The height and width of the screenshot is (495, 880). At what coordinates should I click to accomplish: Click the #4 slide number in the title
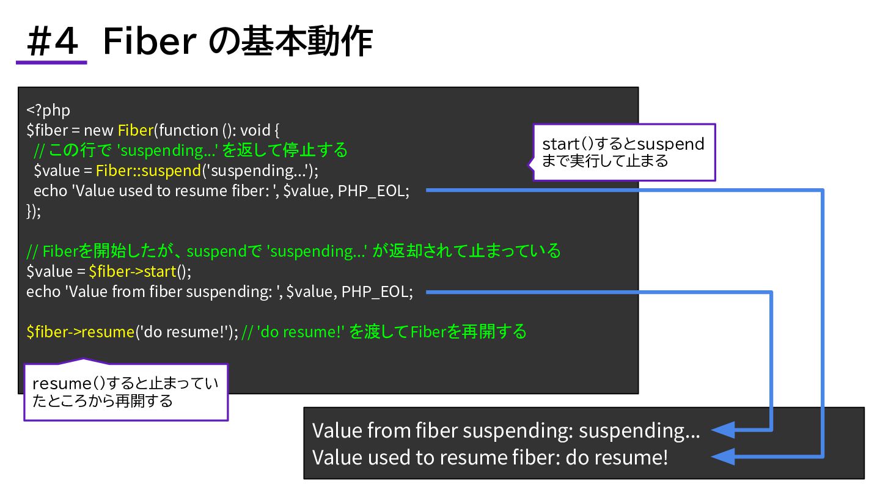(x=53, y=42)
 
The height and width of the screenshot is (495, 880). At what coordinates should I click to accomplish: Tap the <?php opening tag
(x=48, y=110)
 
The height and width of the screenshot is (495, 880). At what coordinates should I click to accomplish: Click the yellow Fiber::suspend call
(x=148, y=170)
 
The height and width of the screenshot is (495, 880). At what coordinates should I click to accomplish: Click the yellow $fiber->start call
(x=132, y=271)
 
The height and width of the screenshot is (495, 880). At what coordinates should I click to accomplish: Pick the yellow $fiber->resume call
(x=80, y=332)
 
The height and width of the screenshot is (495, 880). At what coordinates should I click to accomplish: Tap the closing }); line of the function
(x=34, y=211)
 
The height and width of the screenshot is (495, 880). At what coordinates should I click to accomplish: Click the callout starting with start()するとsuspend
(x=623, y=152)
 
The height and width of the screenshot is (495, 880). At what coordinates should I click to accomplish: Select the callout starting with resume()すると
(x=125, y=392)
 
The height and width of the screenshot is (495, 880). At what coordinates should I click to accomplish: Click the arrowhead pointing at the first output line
(x=724, y=430)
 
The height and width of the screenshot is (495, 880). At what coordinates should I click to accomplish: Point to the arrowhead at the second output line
(x=724, y=457)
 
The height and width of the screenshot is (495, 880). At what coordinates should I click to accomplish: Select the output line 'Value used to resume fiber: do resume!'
(x=490, y=457)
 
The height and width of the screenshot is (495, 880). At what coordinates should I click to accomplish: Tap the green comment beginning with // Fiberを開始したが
(x=293, y=251)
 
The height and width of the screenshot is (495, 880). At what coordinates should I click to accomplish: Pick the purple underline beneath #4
(x=51, y=62)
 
